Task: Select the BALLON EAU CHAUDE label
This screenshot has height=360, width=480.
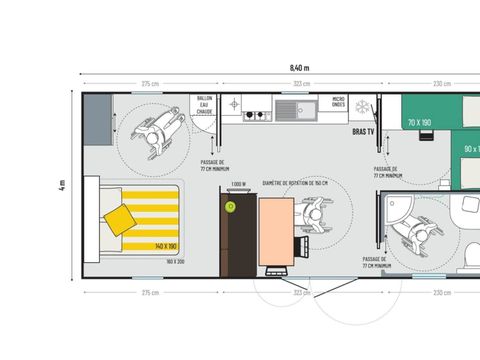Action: pos(204,107)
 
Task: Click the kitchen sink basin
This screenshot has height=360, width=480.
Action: pos(293,107)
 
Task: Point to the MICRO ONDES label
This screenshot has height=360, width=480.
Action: pos(338,102)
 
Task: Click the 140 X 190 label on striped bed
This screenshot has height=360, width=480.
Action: pos(166,245)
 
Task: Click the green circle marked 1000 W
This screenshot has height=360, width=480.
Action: pos(231,206)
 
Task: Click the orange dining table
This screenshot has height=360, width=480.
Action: pos(276,231)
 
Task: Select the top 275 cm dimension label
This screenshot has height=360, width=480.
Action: pos(151,84)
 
